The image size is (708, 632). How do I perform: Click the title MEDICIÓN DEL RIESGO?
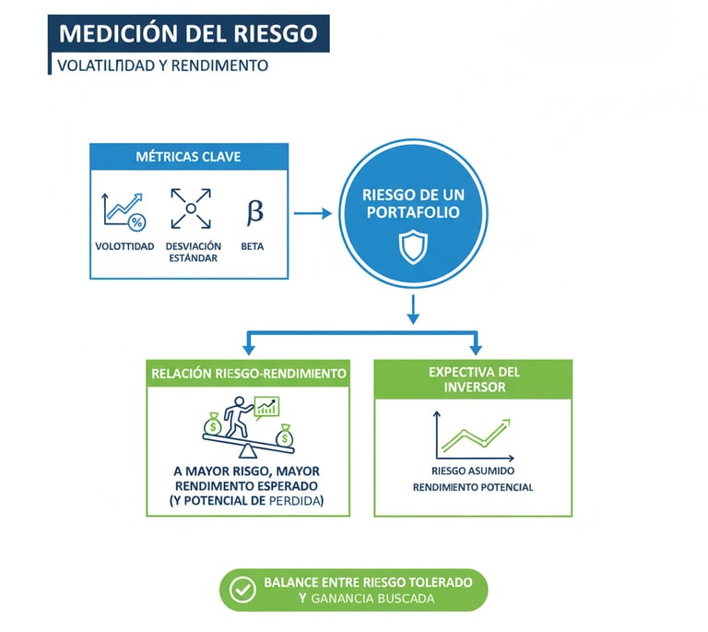[x=187, y=34]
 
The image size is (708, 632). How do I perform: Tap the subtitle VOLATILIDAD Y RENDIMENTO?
[x=162, y=66]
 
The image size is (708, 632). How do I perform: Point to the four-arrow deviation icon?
[x=191, y=209]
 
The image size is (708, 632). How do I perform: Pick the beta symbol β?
[x=254, y=211]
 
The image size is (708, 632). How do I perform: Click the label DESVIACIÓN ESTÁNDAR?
[x=193, y=252]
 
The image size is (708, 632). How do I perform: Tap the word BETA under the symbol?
[x=252, y=246]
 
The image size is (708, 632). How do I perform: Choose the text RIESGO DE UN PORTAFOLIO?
[x=413, y=204]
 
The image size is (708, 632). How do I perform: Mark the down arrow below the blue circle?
[x=413, y=309]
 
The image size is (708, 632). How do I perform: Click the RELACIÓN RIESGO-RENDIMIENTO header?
[x=248, y=374]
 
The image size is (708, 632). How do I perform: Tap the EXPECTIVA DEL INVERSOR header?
[x=474, y=379]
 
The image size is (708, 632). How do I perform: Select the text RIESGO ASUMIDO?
[x=473, y=470]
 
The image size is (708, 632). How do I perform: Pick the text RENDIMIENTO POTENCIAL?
[x=473, y=487]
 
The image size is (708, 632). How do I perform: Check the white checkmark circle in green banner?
[x=242, y=590]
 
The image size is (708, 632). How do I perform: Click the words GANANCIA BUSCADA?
[x=373, y=599]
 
